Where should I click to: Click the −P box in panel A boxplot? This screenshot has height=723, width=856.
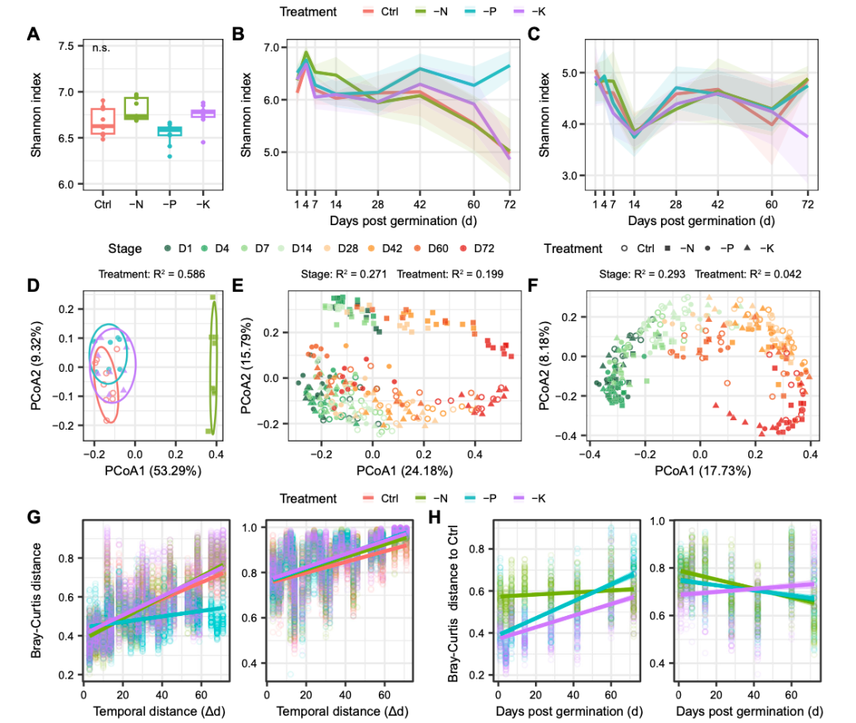coord(170,131)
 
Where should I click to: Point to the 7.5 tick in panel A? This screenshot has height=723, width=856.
coord(66,46)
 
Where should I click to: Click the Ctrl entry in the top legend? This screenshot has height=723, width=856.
coord(380,12)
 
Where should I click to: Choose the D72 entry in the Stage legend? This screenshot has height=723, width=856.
coord(483,249)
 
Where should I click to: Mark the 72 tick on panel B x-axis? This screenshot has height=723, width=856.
coord(509,205)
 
